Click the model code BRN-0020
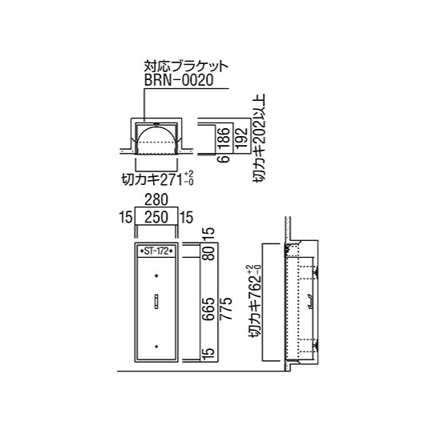point(179,80)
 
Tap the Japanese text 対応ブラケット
point(186,66)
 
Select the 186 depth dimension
point(224,138)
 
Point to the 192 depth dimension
point(241,138)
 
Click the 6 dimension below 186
point(225,159)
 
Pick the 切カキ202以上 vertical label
point(259,138)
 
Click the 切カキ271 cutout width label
point(158,179)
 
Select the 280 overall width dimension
point(156,200)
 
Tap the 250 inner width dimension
point(156,217)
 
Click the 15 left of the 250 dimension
point(125,217)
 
